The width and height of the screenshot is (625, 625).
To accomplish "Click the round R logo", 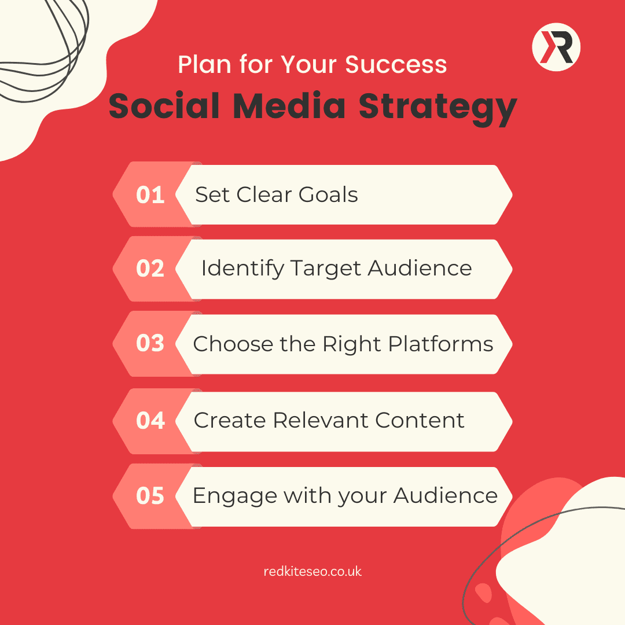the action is click(556, 47).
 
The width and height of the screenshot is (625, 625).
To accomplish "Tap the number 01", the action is click(150, 195).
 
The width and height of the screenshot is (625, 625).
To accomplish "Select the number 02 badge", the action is click(150, 269).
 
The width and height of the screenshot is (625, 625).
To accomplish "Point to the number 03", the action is click(150, 343).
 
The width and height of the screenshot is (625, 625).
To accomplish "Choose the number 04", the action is click(150, 421).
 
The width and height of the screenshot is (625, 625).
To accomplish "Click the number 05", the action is click(150, 496).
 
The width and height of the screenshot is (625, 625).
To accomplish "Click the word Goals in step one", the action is click(328, 194).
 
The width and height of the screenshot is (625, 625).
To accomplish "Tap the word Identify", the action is click(242, 269).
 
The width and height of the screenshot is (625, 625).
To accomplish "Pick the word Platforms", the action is click(440, 344).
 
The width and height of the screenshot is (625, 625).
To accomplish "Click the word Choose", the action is click(233, 344).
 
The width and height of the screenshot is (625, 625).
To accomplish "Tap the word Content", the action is click(420, 420).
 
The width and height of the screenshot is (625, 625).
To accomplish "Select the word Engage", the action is click(235, 497).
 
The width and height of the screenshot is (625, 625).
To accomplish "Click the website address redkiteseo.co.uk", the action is click(312, 572).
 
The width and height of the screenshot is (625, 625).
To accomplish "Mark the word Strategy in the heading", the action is click(437, 108).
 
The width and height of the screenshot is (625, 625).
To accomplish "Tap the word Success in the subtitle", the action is click(396, 64).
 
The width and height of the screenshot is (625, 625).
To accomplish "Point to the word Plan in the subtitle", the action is click(204, 64).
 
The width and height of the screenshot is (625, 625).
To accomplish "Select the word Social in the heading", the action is click(164, 106).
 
